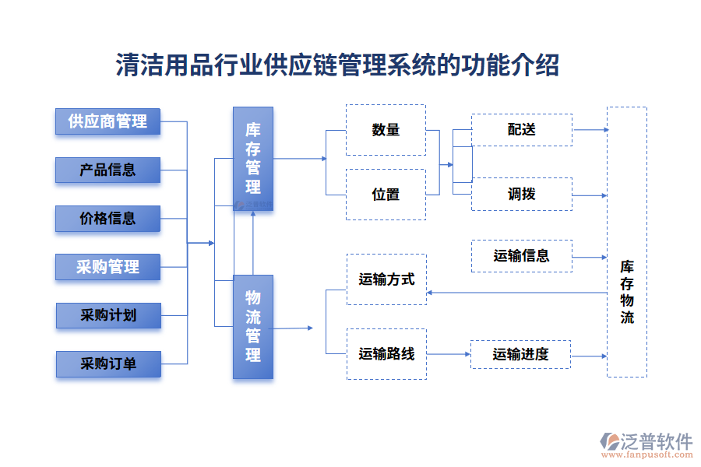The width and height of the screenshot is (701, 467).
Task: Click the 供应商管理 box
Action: pos(107,121)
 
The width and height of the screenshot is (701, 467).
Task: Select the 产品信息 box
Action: pos(107,170)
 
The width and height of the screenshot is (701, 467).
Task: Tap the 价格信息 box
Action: pos(107,219)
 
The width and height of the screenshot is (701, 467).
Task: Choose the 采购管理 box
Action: pos(107,267)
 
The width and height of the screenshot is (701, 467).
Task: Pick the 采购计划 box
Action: pos(107,315)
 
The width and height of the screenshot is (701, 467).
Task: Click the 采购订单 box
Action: pos(107,363)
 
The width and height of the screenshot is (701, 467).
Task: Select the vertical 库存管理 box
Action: pos(253,159)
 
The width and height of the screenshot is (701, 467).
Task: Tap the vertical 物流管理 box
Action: pos(253,326)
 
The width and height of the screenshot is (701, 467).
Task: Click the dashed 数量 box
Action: pos(386,130)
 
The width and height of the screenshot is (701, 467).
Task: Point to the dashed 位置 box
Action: pos(386,195)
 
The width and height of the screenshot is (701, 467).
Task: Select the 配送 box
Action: pos(522,130)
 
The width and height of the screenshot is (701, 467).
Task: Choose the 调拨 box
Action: pos(522,195)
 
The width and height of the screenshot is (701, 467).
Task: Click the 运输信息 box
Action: pos(522,255)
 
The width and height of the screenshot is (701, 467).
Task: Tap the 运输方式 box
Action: pos(386,279)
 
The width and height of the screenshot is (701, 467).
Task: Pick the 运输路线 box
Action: pos(386,354)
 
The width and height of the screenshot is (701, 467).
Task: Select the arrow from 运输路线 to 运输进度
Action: pos(449,354)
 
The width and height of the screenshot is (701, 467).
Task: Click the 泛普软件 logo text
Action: pos(657,442)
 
